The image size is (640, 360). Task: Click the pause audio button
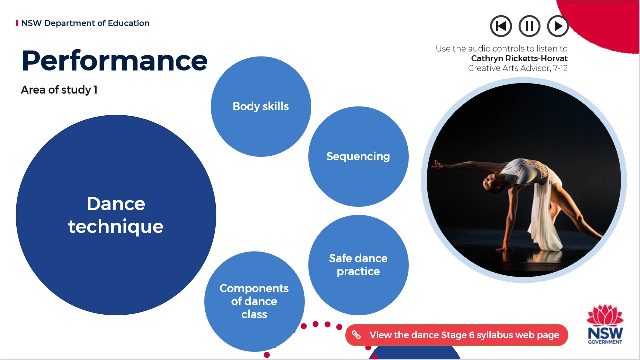529,26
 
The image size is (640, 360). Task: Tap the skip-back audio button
501,26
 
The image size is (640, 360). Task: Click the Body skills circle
261,106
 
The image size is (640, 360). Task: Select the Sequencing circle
358,156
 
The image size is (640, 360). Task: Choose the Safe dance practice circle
358,265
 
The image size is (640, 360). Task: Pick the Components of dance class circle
254,301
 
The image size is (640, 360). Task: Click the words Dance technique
116,215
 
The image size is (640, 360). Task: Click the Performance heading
114,61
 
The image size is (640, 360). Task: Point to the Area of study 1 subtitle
59,90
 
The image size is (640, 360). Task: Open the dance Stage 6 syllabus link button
457,335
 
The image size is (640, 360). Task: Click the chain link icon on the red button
356,335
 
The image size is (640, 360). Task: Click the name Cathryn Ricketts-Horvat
519,58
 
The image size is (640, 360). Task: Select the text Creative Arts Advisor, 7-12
518,68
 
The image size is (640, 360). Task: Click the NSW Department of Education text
85,23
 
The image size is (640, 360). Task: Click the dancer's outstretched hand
438,165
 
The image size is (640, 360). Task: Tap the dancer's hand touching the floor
504,249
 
